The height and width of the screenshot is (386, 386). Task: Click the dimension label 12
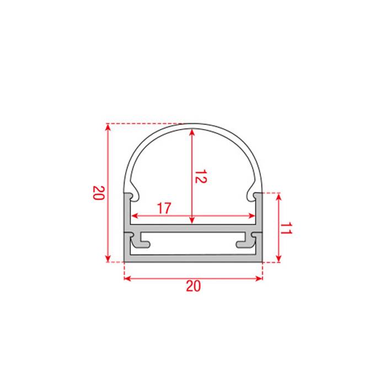point(200,177)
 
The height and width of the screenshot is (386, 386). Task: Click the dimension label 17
point(163,208)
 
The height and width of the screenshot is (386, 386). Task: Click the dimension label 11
point(285,229)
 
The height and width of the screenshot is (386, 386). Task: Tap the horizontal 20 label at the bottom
point(193,287)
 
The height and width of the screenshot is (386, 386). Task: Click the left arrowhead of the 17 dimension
point(133,216)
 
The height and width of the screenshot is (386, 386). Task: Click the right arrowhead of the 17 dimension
point(253,216)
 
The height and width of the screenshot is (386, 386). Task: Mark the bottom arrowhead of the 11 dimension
point(280,259)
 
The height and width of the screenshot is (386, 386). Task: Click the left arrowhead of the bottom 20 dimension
point(127,278)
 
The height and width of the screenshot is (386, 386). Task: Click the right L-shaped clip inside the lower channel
point(246,241)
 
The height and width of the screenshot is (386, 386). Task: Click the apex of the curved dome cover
point(193,126)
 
